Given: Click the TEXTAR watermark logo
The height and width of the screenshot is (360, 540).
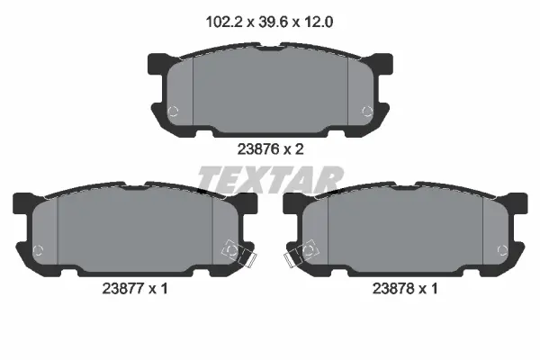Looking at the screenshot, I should tap(270, 180).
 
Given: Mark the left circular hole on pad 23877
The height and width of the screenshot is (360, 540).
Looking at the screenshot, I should tap(37, 250).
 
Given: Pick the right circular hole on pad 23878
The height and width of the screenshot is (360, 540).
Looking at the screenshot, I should tap(502, 250).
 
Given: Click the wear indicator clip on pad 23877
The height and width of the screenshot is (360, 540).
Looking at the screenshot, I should tap(236, 253).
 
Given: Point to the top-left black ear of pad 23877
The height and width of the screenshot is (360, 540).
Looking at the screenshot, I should tap(22, 203).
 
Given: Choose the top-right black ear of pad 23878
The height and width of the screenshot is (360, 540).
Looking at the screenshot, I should tap(517, 203).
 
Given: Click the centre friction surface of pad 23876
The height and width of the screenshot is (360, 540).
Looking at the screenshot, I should tap(270, 94).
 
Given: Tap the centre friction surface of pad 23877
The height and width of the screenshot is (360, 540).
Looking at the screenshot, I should tap(135, 232).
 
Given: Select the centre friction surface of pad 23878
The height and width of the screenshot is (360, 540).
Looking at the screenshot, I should tap(405, 232).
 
